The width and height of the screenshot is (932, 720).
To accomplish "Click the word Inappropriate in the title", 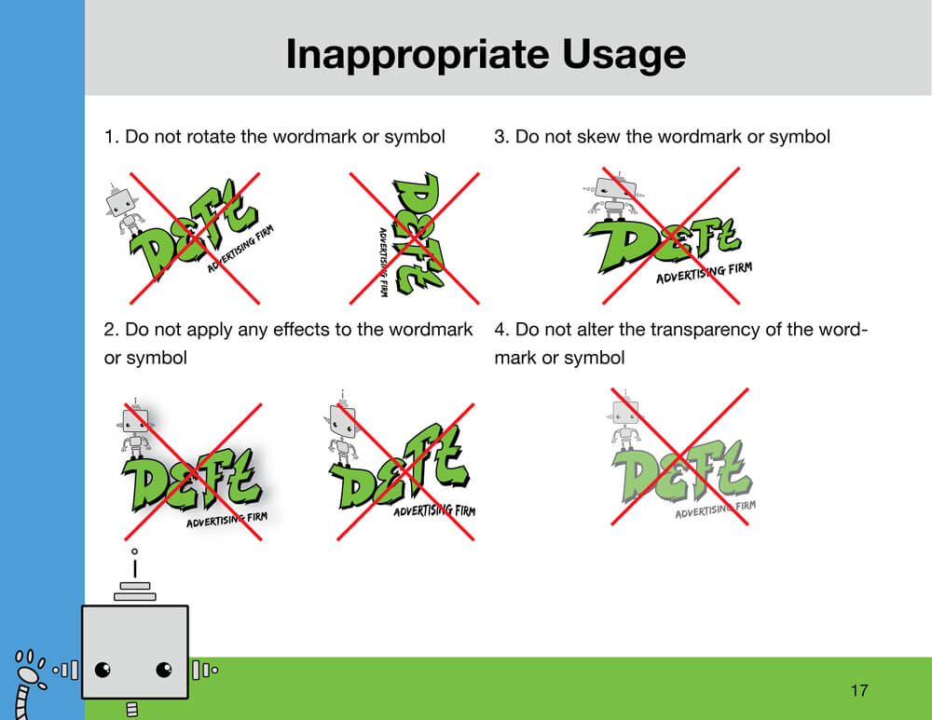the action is tap(418, 55).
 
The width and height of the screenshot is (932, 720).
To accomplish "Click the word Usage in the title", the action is tap(624, 55).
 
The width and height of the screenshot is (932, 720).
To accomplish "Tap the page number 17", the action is tap(859, 690).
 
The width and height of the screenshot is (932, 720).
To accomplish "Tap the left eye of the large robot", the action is tap(103, 670).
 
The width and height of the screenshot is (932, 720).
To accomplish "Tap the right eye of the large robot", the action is tap(164, 670).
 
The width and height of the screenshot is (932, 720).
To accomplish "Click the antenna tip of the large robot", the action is tap(135, 552).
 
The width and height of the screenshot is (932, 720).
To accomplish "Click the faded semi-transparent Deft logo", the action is tap(682, 457).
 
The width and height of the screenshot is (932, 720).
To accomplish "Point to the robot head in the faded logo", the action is tap(625, 411).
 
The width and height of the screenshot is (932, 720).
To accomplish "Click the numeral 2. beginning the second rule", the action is tap(111, 330).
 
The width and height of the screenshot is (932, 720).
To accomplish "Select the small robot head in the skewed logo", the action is tap(616, 188).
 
